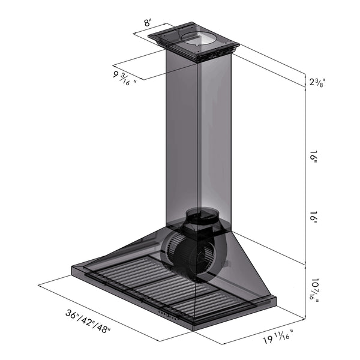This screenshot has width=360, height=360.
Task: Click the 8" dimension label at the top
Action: (x=148, y=25)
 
